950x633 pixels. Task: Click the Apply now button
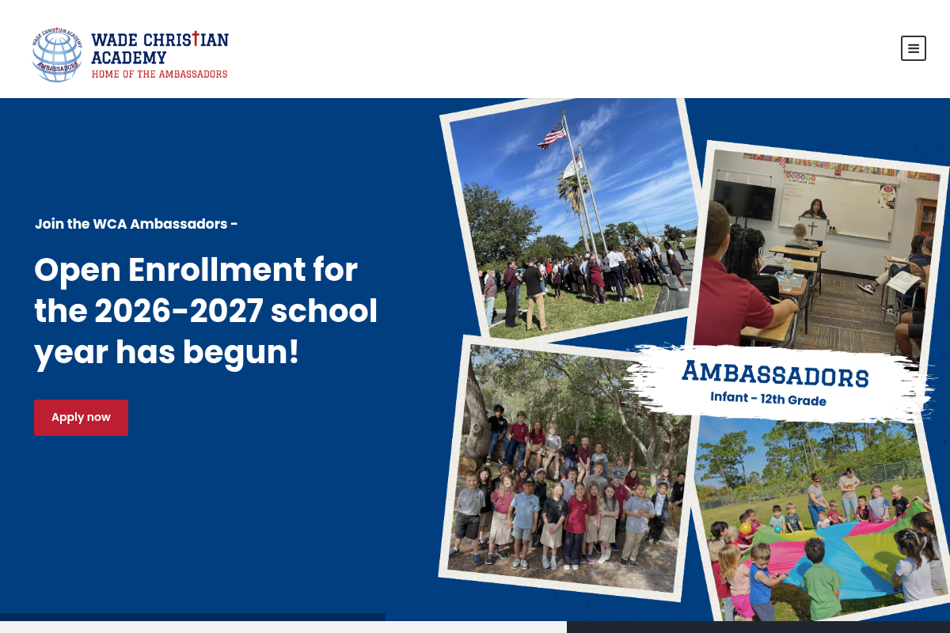[81, 417]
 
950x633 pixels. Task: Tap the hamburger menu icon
[913, 48]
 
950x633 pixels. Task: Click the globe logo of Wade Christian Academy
[57, 55]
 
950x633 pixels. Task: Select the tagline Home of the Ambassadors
[159, 74]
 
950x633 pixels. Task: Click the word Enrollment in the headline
[242, 270]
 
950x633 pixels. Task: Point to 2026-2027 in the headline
[178, 311]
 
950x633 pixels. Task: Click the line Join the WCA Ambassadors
[136, 224]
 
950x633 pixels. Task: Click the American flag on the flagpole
[552, 135]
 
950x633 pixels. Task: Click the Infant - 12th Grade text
[768, 399]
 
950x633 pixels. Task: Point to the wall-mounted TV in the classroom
[744, 199]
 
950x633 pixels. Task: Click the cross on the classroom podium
[812, 229]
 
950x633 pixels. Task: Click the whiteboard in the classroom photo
[839, 204]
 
